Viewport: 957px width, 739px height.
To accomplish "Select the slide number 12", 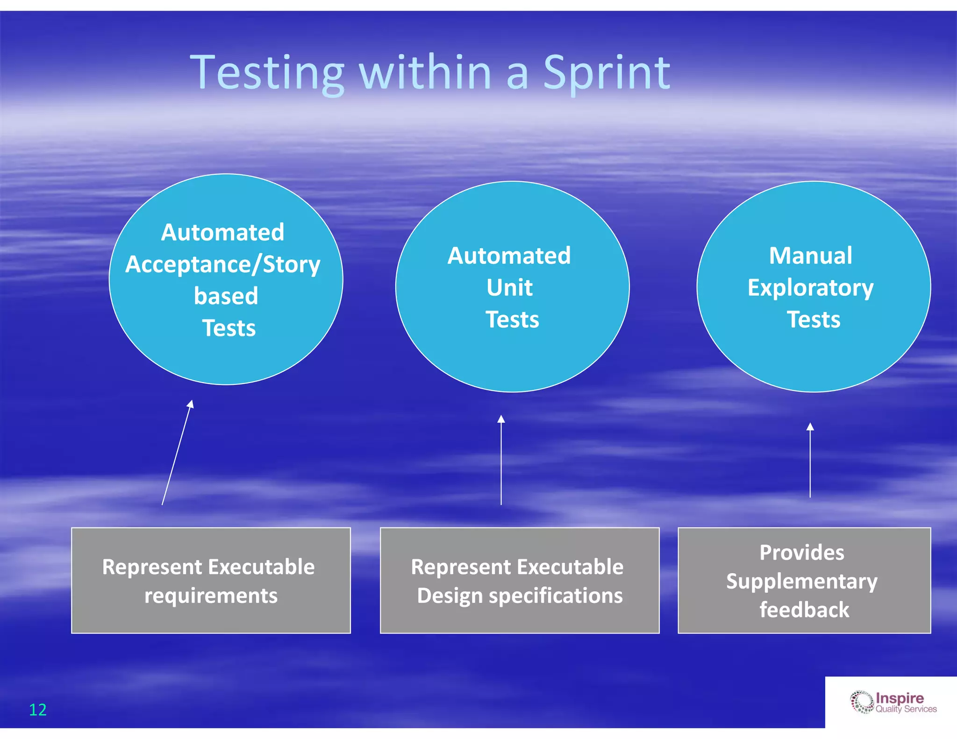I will [38, 710].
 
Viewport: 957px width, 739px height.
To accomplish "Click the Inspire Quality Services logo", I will [893, 703].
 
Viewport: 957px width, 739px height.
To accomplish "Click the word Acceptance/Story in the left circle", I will [223, 264].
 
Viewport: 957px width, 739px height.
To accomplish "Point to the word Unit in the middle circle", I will [509, 287].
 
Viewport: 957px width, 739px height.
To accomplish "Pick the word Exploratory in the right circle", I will [810, 288].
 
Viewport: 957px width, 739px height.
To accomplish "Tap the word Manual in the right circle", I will [811, 256].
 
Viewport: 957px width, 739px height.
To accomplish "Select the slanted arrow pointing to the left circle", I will [177, 453].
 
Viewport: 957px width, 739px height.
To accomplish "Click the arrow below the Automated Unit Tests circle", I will [501, 460].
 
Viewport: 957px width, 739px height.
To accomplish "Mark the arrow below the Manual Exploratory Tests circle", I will [810, 460].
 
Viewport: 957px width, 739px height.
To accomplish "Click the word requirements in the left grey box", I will [211, 596].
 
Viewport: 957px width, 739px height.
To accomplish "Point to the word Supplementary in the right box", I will [802, 581].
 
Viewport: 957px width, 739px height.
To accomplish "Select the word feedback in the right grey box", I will [804, 610].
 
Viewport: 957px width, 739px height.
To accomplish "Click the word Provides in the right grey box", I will [802, 552].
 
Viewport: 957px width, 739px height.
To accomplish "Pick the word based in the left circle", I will [226, 296].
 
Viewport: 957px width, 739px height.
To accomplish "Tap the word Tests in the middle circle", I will [512, 320].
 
